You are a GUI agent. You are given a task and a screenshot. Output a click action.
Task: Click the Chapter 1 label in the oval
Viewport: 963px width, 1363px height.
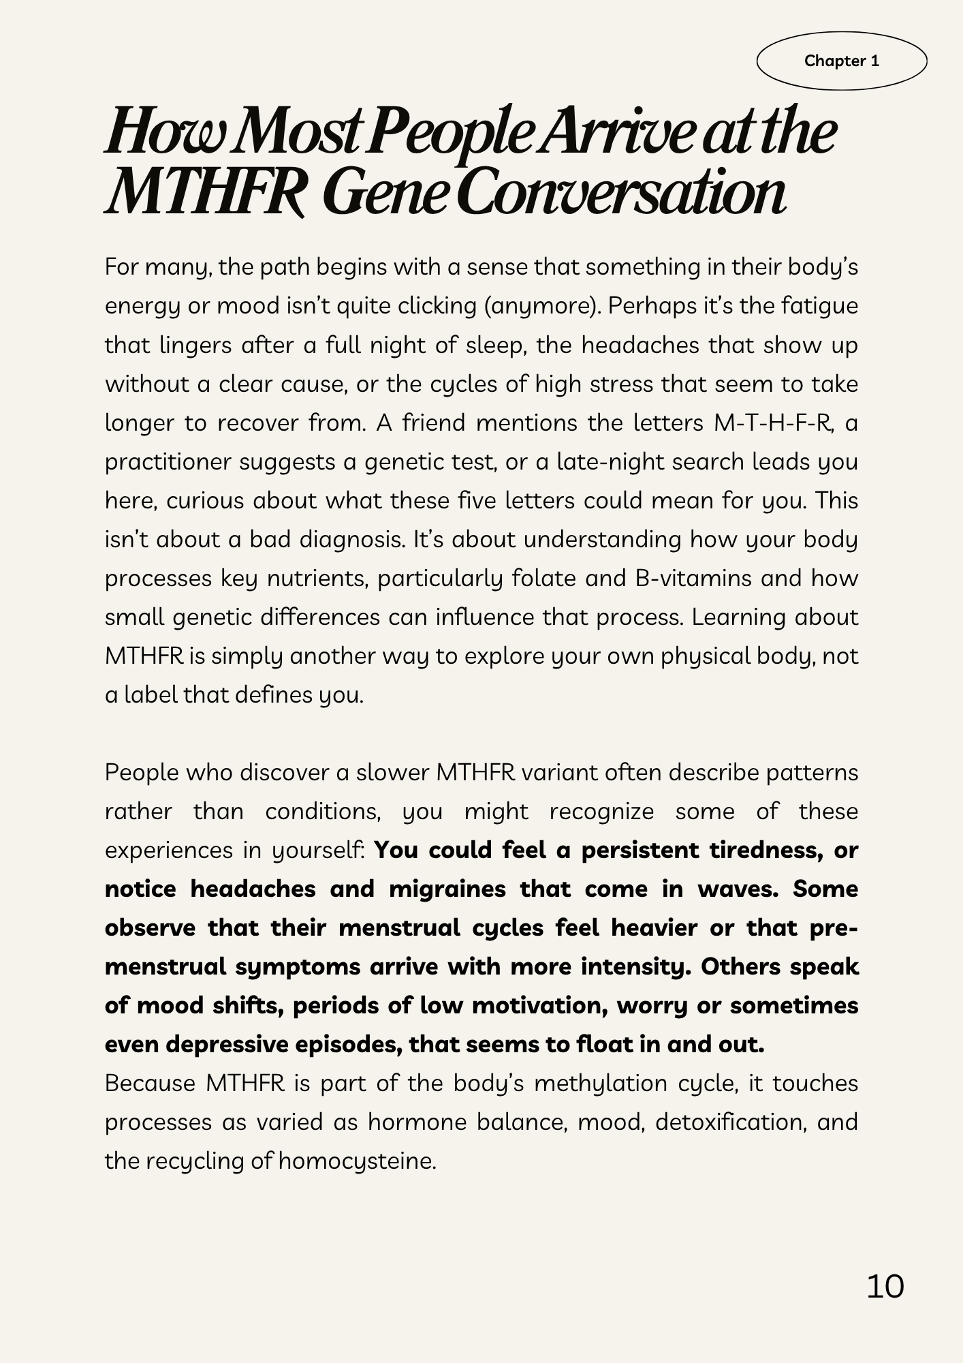click(841, 61)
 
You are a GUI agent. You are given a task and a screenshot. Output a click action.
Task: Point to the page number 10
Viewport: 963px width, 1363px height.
click(885, 1286)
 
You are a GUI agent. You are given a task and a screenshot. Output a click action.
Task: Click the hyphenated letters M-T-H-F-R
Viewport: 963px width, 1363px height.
click(774, 423)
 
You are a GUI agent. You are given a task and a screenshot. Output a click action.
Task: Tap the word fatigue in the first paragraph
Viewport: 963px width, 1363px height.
click(819, 306)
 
